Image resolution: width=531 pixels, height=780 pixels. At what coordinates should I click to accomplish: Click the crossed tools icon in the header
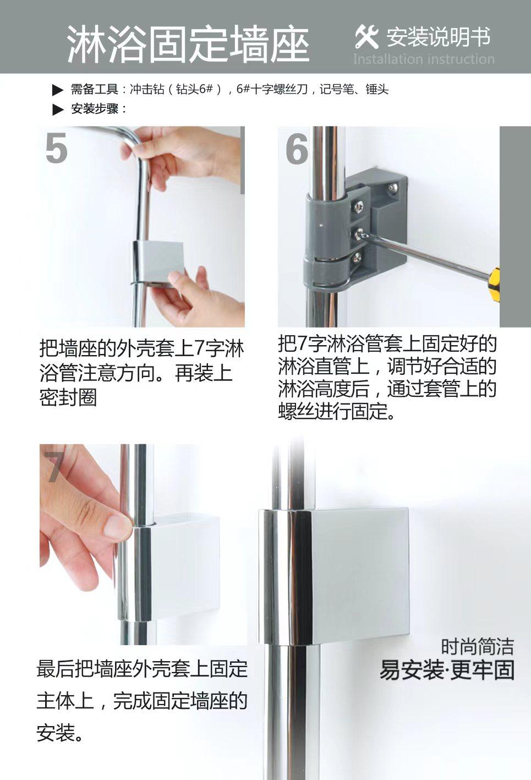(366, 37)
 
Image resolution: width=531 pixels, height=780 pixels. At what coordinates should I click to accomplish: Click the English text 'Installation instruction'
(424, 59)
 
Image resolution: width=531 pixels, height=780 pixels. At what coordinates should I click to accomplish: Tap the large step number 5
(56, 148)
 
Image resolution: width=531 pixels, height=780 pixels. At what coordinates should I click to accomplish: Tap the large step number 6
(297, 149)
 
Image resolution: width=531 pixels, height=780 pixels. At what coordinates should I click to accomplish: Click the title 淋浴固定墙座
(188, 44)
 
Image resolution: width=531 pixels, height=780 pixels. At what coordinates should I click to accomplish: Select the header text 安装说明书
(438, 36)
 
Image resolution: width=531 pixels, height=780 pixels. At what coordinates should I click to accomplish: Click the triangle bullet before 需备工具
(57, 90)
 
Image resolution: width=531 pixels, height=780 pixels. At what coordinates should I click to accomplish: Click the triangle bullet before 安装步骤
(57, 110)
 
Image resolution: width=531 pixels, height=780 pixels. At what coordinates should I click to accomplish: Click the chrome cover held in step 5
(158, 263)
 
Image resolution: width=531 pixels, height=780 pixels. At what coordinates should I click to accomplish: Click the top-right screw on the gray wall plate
(393, 188)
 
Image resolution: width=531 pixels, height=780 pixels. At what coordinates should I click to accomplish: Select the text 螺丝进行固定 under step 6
(332, 411)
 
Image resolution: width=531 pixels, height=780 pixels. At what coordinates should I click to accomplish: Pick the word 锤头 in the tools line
(377, 90)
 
